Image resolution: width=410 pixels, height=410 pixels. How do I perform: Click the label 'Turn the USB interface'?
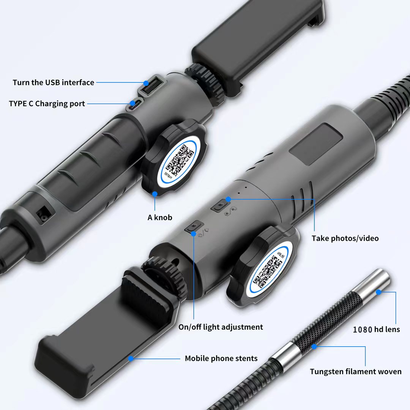coord(54,82)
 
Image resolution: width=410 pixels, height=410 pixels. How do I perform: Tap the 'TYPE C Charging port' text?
coord(47,104)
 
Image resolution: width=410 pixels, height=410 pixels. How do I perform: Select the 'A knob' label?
coord(160,218)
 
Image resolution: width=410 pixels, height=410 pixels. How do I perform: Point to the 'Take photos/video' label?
coord(345,238)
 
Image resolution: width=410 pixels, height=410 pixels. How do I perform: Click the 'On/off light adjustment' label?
coord(221,327)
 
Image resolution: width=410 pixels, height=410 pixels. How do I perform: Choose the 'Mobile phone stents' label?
coord(221,358)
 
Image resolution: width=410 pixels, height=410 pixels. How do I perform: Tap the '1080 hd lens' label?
coord(376,330)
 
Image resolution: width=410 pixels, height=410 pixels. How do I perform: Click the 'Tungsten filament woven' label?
coord(356,372)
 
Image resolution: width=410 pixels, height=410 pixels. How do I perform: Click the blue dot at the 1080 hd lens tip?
coord(378,292)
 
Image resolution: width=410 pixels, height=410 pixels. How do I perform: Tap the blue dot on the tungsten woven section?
coord(314,347)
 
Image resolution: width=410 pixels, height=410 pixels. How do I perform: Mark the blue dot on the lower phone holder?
coord(131,358)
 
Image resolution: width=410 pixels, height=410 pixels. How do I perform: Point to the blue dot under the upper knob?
coord(155,194)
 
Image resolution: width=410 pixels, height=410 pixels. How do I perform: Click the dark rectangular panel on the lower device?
coord(315,144)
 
